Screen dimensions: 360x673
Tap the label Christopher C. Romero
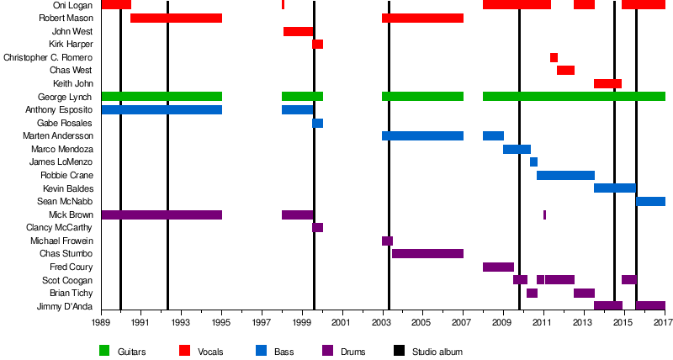(49, 57)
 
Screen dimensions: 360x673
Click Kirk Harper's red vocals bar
(317, 44)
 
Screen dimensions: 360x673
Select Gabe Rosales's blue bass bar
(317, 123)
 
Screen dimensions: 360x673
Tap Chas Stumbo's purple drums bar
(427, 253)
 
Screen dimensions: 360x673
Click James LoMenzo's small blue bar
(533, 161)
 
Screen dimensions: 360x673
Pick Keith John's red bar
(607, 83)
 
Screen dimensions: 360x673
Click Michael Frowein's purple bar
(387, 241)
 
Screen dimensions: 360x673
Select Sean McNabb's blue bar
(650, 201)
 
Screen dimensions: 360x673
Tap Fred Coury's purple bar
(498, 267)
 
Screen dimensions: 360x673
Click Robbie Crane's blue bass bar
(565, 175)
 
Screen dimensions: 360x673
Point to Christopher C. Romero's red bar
(554, 57)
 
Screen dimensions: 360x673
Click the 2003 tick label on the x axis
(381, 322)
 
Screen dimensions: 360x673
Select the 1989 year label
(101, 322)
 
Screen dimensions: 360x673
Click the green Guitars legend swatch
(104, 350)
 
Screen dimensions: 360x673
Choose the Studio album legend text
(437, 351)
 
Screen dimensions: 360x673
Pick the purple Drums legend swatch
(326, 350)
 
